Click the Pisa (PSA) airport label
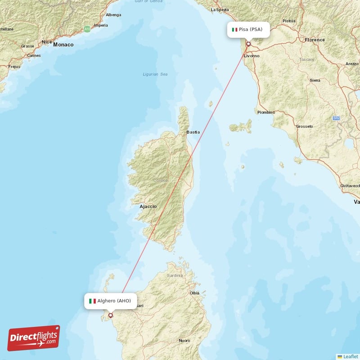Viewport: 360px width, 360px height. [x=250, y=30]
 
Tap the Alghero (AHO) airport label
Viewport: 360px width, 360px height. [x=110, y=301]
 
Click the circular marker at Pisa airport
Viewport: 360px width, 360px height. [x=248, y=44]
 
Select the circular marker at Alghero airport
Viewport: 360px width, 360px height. [x=110, y=315]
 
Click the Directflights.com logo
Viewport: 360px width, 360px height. [x=34, y=338]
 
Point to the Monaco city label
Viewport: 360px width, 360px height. [x=63, y=45]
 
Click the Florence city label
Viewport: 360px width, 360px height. [x=315, y=40]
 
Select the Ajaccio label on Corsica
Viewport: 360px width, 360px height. [x=148, y=207]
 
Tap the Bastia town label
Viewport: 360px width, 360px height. [x=193, y=132]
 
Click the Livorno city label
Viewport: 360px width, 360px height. [x=252, y=56]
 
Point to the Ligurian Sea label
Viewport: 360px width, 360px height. [x=155, y=74]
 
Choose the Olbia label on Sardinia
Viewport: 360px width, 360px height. [x=195, y=293]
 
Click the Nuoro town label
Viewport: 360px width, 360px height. [x=184, y=341]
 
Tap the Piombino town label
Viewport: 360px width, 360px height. [x=266, y=112]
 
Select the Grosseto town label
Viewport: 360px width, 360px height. [x=305, y=126]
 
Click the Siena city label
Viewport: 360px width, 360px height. [x=315, y=80]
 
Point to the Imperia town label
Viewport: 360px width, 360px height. [x=101, y=25]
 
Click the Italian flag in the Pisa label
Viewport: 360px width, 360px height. [x=234, y=30]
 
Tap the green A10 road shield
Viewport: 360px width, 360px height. [x=87, y=29]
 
